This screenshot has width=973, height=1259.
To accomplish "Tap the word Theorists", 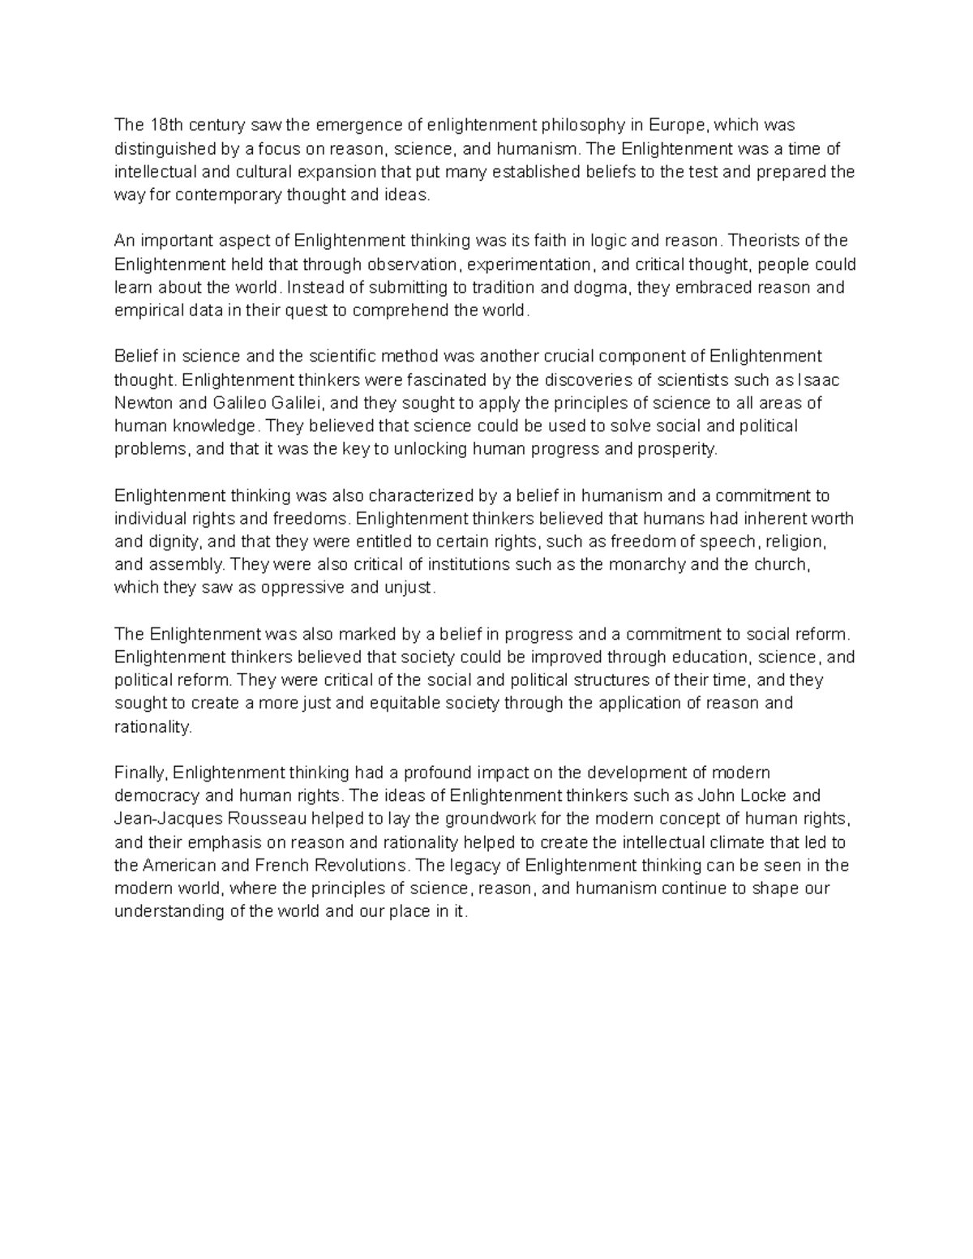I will (765, 241).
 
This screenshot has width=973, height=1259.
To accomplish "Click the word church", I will (781, 565).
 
